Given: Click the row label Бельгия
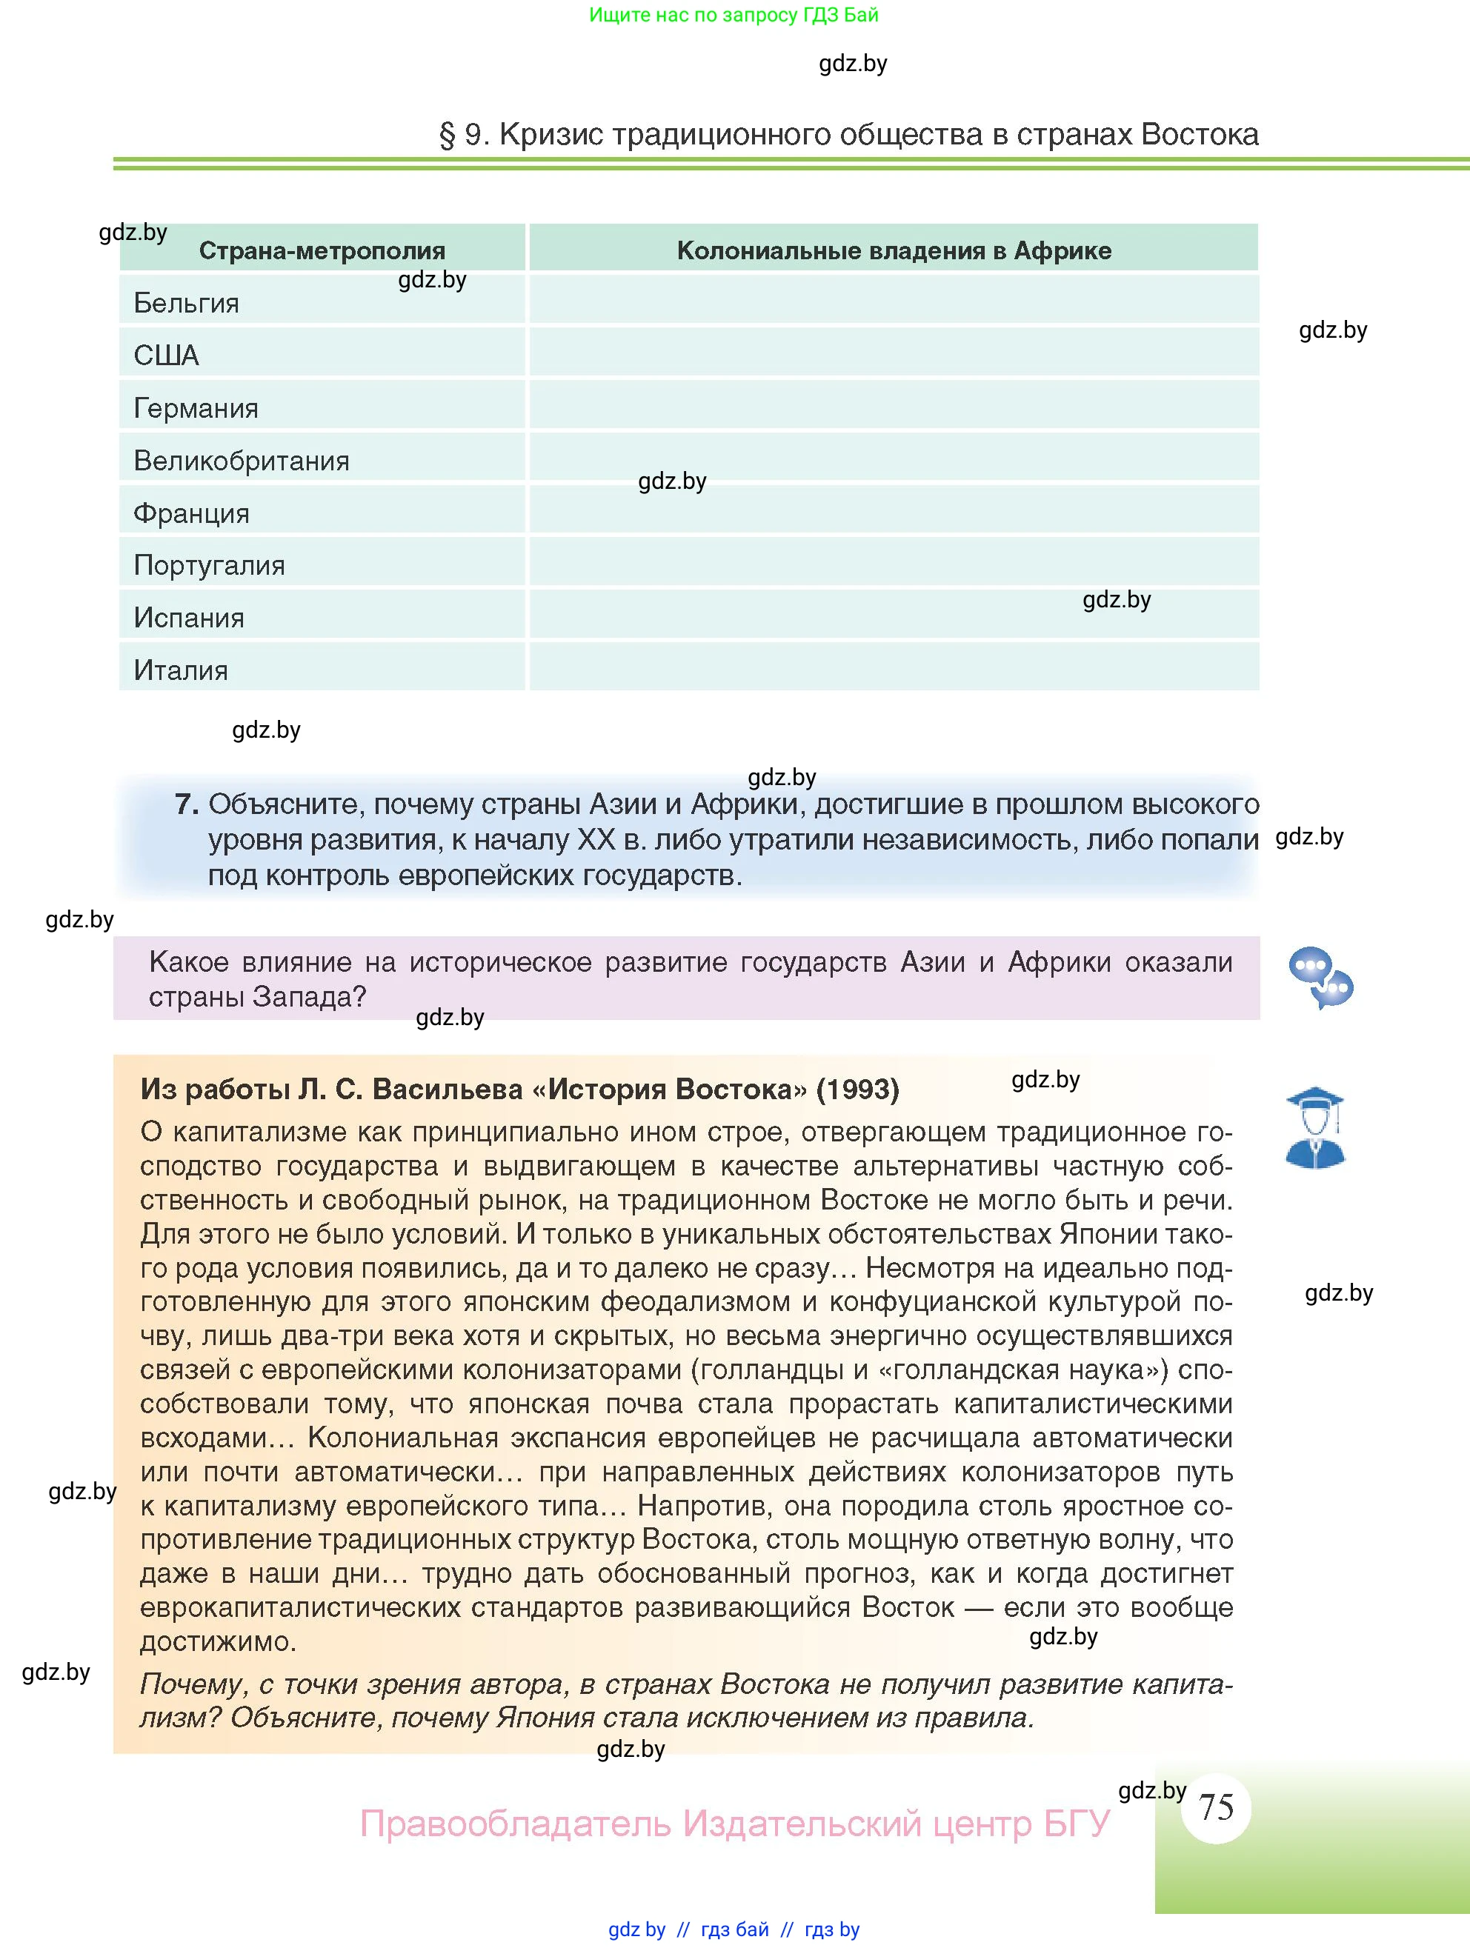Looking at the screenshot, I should point(186,303).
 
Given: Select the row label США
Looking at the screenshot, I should point(167,355).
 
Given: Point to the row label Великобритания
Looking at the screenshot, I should point(242,461).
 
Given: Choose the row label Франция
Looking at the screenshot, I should point(191,513).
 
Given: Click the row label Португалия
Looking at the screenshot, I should point(209,565).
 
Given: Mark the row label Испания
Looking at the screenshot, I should point(188,618).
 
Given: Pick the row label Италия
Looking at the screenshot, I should point(181,671).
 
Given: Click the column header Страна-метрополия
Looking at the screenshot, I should point(322,250).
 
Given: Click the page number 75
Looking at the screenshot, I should point(1217,1807).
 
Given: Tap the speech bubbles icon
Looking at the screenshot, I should point(1320,978).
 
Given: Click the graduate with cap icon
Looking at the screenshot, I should point(1314,1128).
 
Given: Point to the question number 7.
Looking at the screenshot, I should point(185,804).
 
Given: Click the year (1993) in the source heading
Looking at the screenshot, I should point(857,1090).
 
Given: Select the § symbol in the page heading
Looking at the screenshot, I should point(448,135).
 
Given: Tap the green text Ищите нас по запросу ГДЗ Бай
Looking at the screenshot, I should point(733,15).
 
